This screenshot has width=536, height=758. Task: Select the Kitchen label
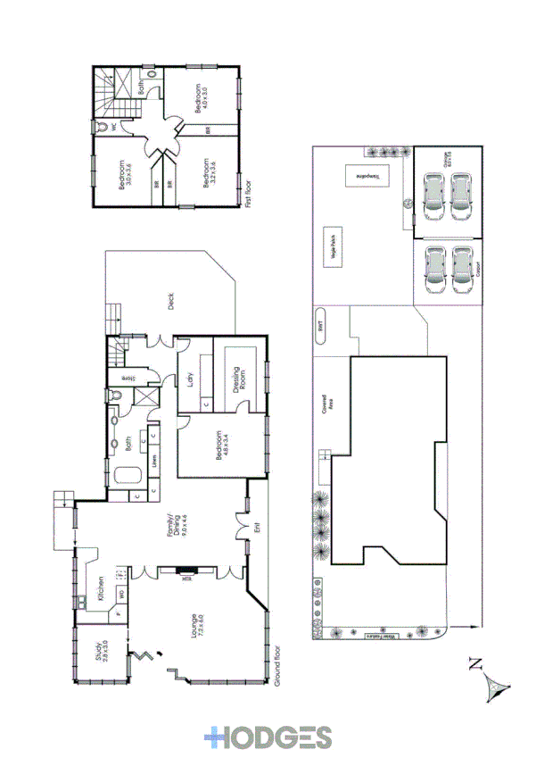tap(104, 586)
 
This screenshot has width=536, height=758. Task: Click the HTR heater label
tap(186, 578)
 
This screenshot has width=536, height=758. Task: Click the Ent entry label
tap(258, 526)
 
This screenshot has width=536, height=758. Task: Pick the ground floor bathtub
tap(121, 476)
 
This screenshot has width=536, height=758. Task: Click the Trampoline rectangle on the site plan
tap(367, 176)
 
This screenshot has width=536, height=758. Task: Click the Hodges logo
tap(267, 737)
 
